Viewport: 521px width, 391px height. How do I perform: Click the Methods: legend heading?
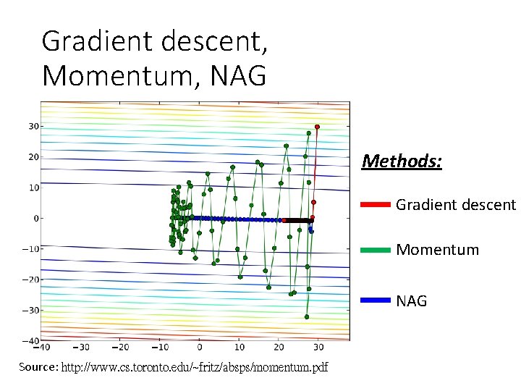(402, 161)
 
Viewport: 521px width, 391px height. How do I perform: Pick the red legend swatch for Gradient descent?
(375, 205)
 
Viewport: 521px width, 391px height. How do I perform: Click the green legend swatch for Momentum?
(375, 250)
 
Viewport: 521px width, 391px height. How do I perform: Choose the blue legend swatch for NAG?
(375, 300)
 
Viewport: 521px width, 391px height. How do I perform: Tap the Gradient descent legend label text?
(456, 205)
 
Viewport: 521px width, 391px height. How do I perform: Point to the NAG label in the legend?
(412, 300)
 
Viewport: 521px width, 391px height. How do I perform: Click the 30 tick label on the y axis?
(33, 126)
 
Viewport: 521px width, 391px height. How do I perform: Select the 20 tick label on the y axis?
(33, 156)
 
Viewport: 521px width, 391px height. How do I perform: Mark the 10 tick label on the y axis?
(33, 188)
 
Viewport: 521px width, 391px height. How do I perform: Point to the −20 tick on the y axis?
(30, 279)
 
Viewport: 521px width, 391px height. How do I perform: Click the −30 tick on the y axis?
(30, 310)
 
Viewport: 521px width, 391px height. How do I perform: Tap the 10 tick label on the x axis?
(240, 348)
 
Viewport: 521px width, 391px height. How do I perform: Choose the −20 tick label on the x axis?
(119, 348)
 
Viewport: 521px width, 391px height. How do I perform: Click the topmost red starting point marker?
(317, 127)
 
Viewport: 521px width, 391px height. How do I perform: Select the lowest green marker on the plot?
(307, 316)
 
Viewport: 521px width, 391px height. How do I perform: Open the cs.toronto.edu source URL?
(194, 368)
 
